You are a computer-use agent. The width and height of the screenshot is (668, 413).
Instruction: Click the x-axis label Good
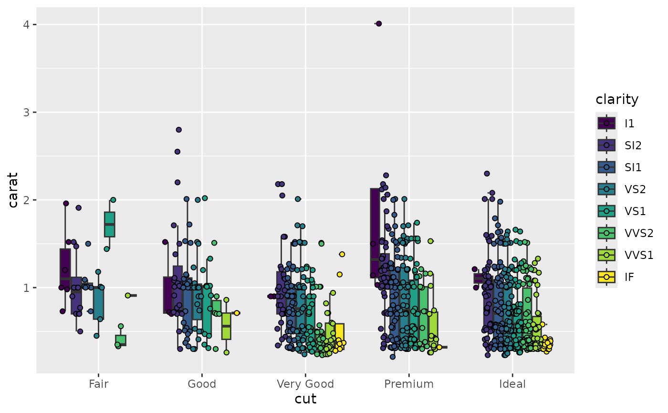click(x=202, y=384)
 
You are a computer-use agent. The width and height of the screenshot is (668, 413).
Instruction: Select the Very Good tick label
click(x=305, y=384)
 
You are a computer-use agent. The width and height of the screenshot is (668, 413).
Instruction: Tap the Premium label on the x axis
click(x=409, y=384)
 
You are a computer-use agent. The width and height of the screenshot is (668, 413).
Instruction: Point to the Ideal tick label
click(x=512, y=384)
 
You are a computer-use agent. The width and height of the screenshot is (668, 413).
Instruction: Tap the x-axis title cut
click(x=305, y=399)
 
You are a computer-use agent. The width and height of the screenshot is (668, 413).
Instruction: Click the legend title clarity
click(x=617, y=99)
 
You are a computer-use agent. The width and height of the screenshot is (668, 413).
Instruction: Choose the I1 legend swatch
click(x=606, y=123)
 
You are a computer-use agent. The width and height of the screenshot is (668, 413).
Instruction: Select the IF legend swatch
click(x=606, y=277)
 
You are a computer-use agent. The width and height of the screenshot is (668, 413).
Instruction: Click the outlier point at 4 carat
click(x=379, y=23)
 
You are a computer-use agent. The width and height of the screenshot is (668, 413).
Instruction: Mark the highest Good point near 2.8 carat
click(x=179, y=130)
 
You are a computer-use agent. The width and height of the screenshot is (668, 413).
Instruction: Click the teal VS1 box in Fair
click(x=109, y=224)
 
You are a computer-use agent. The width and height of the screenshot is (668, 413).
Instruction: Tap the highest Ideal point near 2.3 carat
click(x=487, y=174)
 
